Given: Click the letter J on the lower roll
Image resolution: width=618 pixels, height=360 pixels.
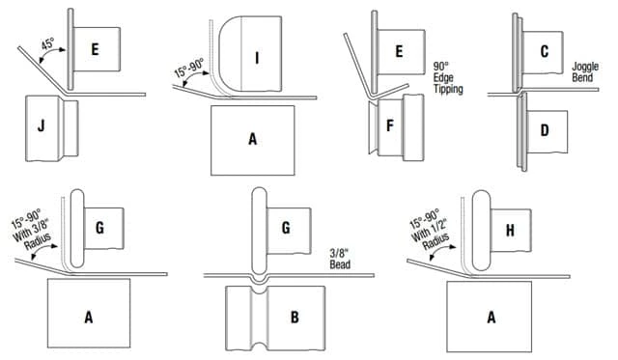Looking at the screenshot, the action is click(x=41, y=126).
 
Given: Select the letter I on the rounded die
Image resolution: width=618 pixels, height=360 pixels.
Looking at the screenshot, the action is click(x=257, y=58).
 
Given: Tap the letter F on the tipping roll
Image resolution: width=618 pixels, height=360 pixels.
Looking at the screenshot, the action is click(x=390, y=125).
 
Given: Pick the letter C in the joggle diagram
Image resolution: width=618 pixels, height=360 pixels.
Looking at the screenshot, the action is click(x=545, y=51).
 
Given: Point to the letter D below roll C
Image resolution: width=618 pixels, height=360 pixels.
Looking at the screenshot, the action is click(x=545, y=130).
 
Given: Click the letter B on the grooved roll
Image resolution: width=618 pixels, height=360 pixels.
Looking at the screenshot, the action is click(x=295, y=318).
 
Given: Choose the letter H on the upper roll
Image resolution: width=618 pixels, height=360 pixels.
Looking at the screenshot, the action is click(x=511, y=231).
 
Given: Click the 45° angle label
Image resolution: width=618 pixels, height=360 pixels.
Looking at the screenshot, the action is click(x=47, y=43).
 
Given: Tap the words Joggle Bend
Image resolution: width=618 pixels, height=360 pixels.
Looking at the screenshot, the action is click(x=585, y=71).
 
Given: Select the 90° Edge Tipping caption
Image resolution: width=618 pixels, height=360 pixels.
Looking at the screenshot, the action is click(x=448, y=77).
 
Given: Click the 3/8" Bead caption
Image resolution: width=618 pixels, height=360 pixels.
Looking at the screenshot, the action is click(x=340, y=259).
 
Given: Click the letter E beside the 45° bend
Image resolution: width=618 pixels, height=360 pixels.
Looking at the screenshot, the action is click(x=95, y=49).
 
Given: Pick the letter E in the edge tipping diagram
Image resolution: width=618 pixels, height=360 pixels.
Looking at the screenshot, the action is click(x=399, y=51).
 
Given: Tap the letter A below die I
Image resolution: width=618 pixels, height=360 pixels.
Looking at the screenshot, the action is click(x=253, y=139).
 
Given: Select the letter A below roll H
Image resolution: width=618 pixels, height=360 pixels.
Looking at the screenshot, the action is click(x=492, y=318).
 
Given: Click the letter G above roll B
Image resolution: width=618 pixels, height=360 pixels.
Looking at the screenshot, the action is click(x=286, y=228).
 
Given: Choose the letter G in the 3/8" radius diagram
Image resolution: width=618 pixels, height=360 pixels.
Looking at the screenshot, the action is click(x=99, y=228).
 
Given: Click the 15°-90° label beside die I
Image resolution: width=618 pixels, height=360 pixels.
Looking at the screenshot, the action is click(x=189, y=68).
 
